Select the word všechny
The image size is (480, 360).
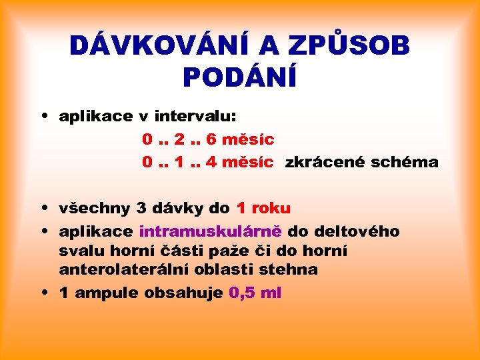tap(95, 208)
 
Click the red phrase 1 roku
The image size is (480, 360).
tap(263, 208)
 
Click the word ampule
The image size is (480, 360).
tap(105, 293)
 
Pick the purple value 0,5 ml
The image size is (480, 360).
tap(255, 293)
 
